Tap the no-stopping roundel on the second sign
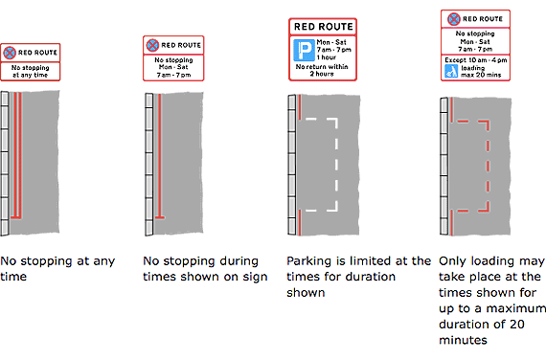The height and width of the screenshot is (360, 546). click(x=151, y=44)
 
